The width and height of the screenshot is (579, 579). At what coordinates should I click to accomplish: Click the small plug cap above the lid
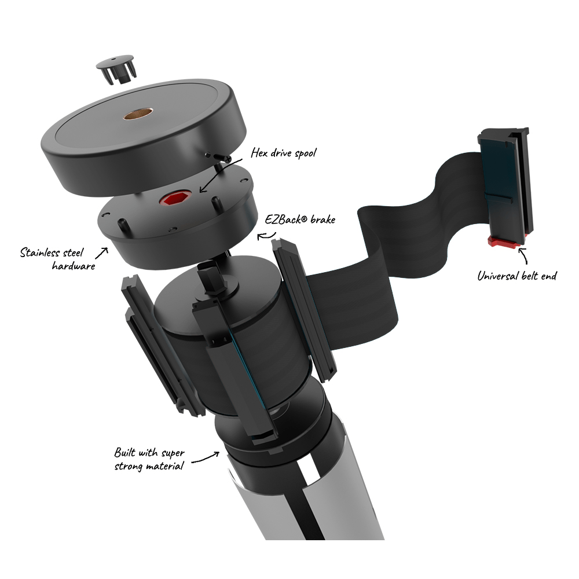point(116,70)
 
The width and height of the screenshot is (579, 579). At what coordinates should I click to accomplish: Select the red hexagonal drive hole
point(176,198)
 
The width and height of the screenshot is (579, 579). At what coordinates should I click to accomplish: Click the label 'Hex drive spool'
point(284,153)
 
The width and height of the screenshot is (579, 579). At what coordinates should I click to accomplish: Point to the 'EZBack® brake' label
point(300,219)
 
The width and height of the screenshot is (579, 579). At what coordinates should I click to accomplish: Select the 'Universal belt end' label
point(516,276)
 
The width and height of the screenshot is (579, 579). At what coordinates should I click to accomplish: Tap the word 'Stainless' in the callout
point(40,252)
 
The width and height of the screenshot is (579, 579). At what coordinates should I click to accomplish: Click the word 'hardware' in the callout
point(74,266)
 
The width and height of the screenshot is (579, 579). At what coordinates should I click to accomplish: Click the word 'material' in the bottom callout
point(164,466)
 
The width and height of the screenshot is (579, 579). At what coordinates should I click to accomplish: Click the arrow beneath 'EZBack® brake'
point(266,236)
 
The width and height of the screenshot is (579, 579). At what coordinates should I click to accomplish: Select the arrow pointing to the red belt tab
point(523,255)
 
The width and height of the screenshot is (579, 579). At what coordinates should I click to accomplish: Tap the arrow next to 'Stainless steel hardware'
point(102,252)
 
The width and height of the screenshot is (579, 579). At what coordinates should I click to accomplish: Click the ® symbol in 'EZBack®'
point(305,219)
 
